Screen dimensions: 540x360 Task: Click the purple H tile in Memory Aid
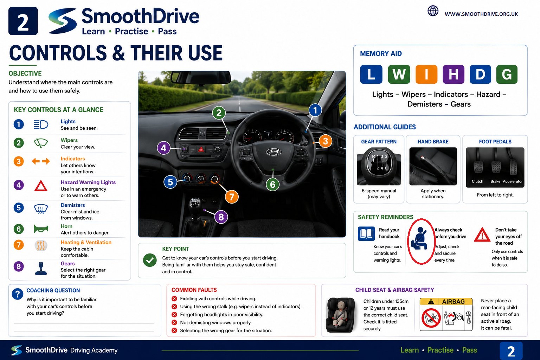click(454, 74)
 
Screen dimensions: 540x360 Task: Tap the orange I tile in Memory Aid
click(426, 74)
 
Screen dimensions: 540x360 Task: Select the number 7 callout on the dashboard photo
click(232, 197)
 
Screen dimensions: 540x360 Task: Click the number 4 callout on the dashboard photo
click(164, 148)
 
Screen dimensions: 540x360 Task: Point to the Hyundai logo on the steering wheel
click(274, 152)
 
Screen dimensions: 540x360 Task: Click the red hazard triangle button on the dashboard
click(201, 150)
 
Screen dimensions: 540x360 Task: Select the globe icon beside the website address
click(433, 11)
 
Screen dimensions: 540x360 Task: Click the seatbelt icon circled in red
click(419, 238)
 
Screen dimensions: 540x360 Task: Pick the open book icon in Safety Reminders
click(366, 234)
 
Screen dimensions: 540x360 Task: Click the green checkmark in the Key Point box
click(150, 260)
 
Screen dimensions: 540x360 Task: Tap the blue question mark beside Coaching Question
click(17, 294)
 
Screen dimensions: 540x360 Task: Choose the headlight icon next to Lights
click(41, 124)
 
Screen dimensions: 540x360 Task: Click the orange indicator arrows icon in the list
click(41, 161)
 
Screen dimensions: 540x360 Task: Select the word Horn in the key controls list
click(66, 226)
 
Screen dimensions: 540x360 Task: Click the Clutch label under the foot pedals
click(477, 181)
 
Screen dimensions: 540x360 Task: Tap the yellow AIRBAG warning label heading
click(446, 302)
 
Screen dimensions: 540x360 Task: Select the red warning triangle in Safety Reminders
click(482, 235)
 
